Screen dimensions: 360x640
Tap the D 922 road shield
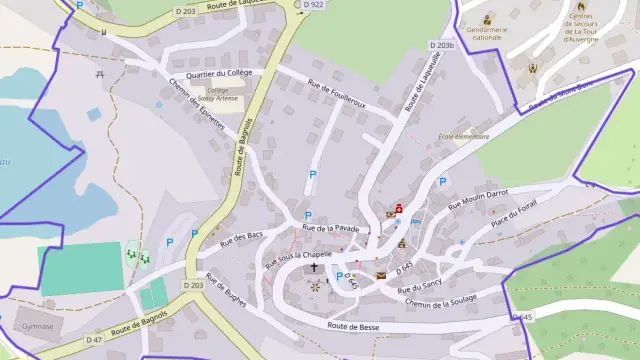[315, 5]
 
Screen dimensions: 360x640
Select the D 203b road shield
[443, 46]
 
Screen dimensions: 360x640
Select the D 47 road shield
[94, 340]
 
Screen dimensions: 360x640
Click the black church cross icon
[316, 268]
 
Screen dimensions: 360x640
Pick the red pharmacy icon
[400, 208]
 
